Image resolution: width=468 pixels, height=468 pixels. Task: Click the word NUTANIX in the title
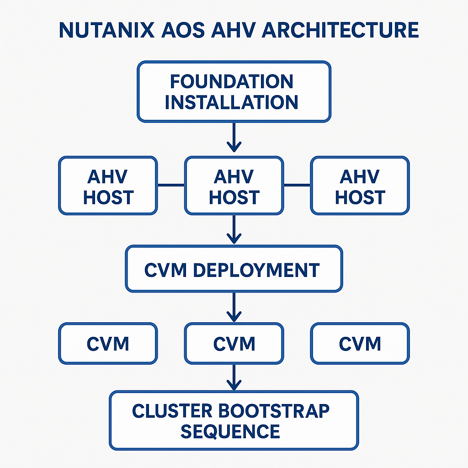(x=106, y=30)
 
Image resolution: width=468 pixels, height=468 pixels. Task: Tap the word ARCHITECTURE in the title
(x=340, y=30)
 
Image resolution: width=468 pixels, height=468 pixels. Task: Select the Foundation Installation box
(x=234, y=91)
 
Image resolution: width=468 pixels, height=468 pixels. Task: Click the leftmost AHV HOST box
(x=108, y=186)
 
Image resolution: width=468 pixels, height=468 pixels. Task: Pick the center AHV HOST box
(x=234, y=186)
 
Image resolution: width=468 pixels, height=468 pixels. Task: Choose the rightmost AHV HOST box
(x=360, y=186)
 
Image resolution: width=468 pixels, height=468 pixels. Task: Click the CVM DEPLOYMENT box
(x=234, y=269)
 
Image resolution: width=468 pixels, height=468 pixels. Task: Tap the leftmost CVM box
(x=108, y=343)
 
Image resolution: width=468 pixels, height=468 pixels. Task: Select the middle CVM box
(x=234, y=343)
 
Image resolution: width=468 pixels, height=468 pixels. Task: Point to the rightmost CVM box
(x=360, y=343)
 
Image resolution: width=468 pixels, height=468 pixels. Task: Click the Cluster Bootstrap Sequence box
(x=234, y=420)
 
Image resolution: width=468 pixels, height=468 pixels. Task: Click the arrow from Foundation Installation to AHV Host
(x=234, y=137)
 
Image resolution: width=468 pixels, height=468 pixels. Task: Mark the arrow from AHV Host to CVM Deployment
(x=234, y=229)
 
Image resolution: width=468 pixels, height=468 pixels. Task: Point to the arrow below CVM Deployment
(x=234, y=307)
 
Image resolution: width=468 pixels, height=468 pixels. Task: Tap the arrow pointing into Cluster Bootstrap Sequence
(x=234, y=378)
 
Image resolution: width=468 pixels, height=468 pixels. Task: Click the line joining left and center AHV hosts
(x=171, y=185)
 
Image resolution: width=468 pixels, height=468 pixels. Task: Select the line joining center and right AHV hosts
(x=297, y=185)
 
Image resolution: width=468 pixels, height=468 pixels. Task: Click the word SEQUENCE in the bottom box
(x=230, y=431)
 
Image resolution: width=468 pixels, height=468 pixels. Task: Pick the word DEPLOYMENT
(x=256, y=270)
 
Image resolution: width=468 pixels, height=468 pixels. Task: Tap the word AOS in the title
(x=183, y=30)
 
